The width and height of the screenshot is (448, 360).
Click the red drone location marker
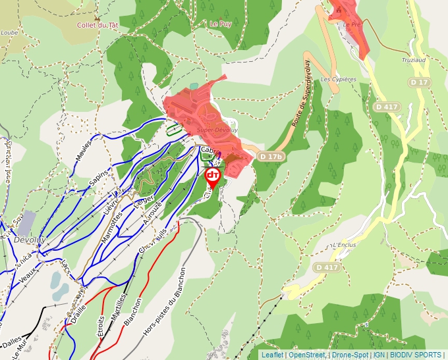[213, 176]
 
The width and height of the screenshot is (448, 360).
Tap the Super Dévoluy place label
[212, 130]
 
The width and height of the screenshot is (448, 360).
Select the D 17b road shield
[271, 157]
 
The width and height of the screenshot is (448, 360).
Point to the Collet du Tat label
[98, 25]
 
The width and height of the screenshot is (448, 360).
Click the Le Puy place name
[221, 23]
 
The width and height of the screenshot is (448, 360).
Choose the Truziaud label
[414, 60]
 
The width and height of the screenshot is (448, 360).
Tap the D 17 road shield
[418, 82]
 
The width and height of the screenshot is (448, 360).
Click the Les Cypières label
[338, 79]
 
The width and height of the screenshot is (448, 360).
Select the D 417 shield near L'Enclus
[327, 267]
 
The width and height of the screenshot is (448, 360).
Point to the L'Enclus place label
[345, 245]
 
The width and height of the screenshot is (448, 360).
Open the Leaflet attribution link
[271, 355]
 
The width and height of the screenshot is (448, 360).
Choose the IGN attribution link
[379, 355]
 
